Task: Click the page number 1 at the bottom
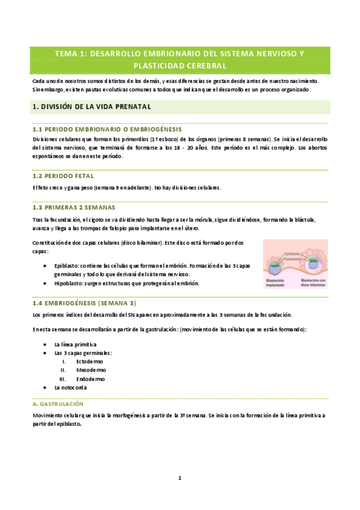pos(179,478)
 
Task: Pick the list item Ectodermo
pos(90,361)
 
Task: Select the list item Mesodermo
pos(91,370)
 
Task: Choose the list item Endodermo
pos(90,379)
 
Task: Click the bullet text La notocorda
pos(72,388)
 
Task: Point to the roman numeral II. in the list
pos(63,370)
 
